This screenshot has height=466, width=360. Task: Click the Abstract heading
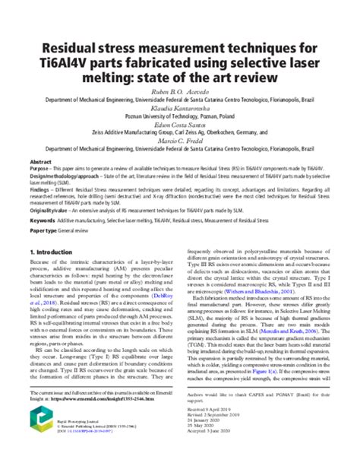(40, 163)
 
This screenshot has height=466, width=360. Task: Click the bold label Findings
(41, 192)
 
